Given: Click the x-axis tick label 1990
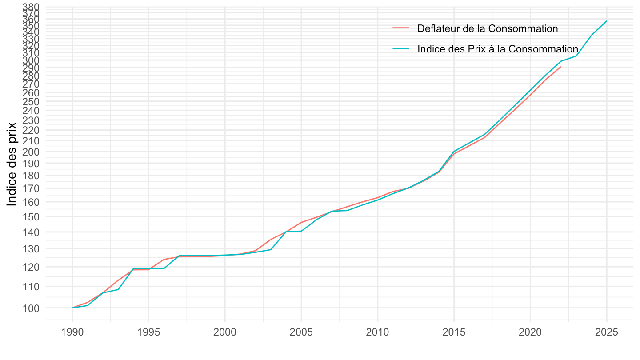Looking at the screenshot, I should tap(72, 333).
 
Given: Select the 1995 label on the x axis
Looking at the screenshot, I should tap(148, 333).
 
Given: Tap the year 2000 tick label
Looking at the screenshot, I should tap(225, 333).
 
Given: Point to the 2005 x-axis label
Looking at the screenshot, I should tap(301, 333).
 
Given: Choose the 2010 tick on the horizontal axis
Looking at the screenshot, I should tap(377, 333).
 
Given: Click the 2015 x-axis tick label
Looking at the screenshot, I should tap(454, 333).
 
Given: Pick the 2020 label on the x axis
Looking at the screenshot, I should tap(530, 333).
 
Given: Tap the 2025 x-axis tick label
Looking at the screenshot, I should tap(607, 333).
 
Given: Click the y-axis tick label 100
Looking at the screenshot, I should tap(32, 308).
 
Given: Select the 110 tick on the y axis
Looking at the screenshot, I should tap(32, 287).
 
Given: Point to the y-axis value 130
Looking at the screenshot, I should tap(32, 249).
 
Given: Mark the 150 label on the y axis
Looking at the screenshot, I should tap(32, 217).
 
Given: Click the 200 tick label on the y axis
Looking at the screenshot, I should tap(32, 152).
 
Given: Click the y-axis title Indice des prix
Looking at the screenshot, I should tap(12, 164).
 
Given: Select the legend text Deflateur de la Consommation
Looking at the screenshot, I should tap(488, 28).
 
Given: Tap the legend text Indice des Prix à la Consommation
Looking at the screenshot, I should tap(497, 49).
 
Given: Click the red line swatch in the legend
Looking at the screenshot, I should tap(400, 28).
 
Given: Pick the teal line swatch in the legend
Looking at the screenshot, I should tap(400, 49).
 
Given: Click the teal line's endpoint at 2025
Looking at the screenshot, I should tap(607, 21).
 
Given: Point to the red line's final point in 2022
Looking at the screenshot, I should tap(561, 67).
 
